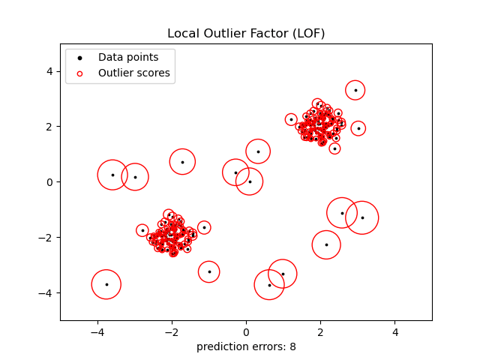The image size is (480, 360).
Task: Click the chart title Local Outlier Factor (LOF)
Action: pos(246,34)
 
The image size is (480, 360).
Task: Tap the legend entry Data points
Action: pos(128,58)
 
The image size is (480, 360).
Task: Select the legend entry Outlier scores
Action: pos(134,73)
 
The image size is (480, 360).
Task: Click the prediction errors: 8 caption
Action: pos(246,346)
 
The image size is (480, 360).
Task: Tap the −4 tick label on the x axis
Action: pos(97,333)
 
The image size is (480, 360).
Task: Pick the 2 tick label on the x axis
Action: pos(320,333)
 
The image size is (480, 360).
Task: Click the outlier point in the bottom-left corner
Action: pos(106,284)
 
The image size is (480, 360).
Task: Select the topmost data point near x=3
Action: pos(355,90)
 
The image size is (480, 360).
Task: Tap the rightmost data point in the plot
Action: pos(362,217)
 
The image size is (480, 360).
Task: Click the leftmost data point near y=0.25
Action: pos(112,175)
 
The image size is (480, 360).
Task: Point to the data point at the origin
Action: pos(250,181)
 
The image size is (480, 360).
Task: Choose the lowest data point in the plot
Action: pos(269,285)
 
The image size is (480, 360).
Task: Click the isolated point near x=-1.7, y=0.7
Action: pos(182,162)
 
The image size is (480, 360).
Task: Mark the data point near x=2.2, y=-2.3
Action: pos(326,244)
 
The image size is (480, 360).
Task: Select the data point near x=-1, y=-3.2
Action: pos(209,271)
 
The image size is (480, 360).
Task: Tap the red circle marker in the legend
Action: pos(80,73)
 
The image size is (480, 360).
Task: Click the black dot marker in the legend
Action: pos(80,58)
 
